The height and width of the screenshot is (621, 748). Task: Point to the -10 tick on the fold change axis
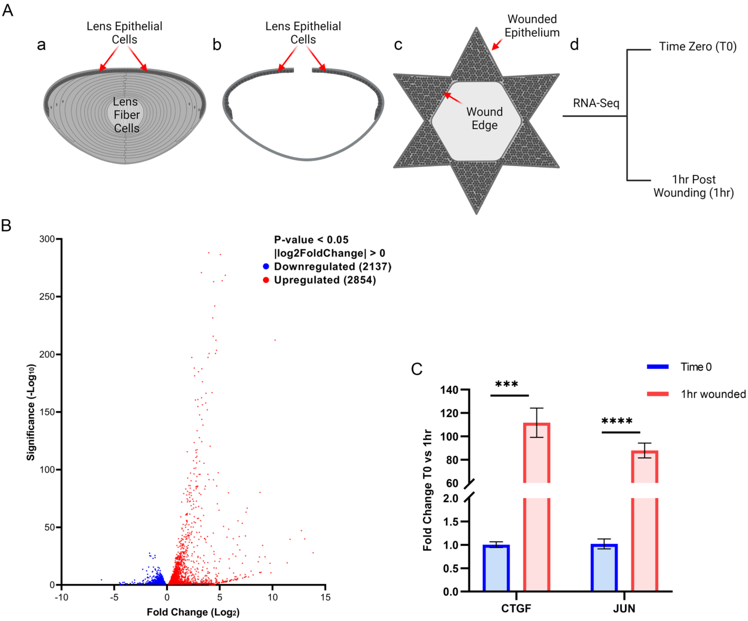61,597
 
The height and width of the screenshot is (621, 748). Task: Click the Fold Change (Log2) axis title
193,612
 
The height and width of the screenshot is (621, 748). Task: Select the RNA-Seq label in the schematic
596,103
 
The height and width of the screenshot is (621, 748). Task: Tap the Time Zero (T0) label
697,47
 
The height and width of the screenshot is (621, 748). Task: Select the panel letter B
6,226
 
